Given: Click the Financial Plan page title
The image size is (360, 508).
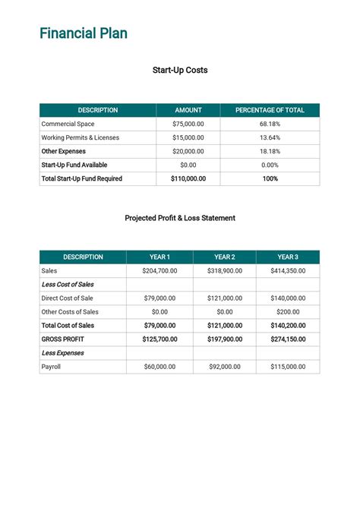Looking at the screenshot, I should coord(84,33).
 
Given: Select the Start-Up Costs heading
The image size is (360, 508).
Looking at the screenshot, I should coord(180,71).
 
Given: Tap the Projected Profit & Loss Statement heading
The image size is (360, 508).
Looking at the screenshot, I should coord(180,218).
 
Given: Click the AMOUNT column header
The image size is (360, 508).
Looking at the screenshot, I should coord(188,110).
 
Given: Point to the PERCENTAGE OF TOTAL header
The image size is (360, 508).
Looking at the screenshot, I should coord(270,110).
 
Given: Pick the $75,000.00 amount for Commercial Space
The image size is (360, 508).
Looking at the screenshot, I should coord(188,124).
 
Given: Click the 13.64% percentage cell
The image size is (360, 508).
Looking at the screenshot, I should coord(270,137).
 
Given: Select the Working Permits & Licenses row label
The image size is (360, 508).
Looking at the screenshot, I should coord(80,137).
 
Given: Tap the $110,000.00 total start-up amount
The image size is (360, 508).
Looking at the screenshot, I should coord(188,178).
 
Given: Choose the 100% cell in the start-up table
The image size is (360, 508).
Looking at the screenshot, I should coord(270,178).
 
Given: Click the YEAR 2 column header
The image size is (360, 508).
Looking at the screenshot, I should coord(225,257).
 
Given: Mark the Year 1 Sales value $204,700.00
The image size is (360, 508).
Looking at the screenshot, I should coord(159,270).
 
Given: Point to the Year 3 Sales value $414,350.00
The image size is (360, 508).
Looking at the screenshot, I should coord(288,270).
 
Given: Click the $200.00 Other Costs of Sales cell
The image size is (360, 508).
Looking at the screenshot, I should coord(288,311).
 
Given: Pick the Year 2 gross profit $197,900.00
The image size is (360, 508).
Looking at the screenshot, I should coord(225,339).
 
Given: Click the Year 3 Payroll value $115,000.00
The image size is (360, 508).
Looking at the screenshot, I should coord(288,367).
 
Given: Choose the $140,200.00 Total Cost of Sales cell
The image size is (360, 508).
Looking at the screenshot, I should coord(288,325).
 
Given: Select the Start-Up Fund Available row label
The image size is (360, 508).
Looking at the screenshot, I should coord(74,165).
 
